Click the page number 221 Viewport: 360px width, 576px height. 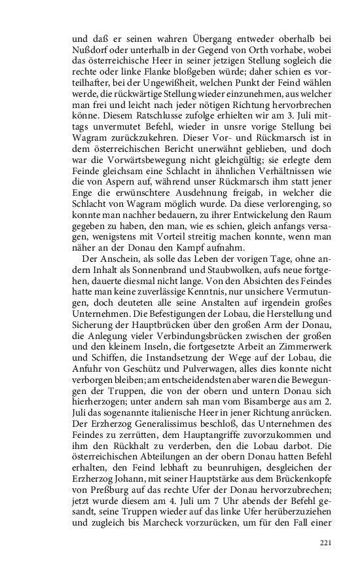click(326, 543)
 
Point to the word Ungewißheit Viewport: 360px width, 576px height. click(171, 92)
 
